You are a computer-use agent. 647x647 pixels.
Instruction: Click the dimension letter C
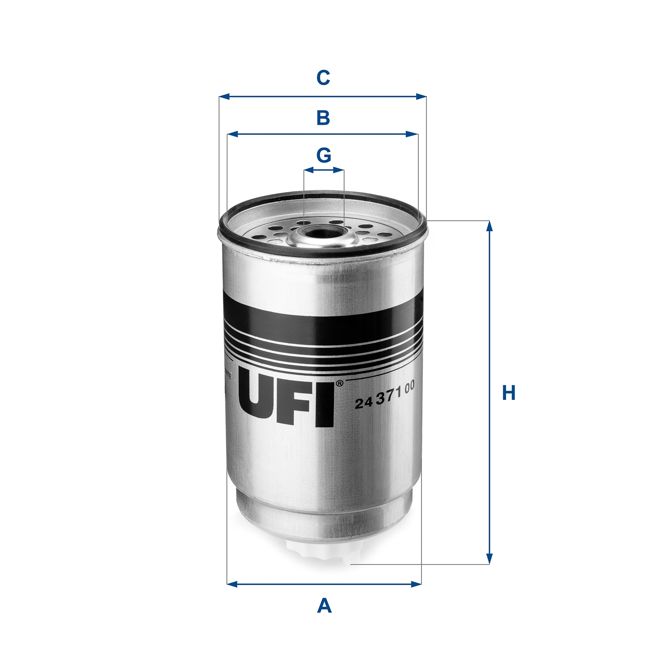click(x=323, y=78)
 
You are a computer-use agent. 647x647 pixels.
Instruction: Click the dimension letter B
click(x=323, y=118)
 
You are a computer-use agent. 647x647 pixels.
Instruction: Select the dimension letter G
click(x=323, y=155)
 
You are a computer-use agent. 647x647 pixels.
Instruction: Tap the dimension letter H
click(x=509, y=393)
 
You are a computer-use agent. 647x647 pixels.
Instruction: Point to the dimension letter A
click(x=324, y=606)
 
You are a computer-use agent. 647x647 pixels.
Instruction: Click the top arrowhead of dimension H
click(x=489, y=226)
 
